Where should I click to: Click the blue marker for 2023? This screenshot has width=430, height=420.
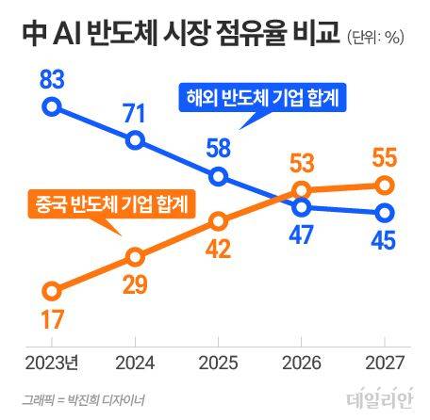click(x=53, y=105)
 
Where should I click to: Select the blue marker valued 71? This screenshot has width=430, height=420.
click(x=135, y=141)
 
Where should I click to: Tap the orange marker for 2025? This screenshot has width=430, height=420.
click(x=218, y=221)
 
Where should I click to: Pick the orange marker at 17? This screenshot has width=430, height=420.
click(x=53, y=291)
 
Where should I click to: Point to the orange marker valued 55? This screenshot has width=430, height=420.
click(x=384, y=185)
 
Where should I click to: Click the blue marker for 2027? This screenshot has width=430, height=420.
click(x=384, y=212)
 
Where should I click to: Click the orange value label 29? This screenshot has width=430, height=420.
click(x=135, y=285)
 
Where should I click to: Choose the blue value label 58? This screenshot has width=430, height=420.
click(x=218, y=149)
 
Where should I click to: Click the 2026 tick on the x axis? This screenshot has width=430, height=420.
click(x=302, y=363)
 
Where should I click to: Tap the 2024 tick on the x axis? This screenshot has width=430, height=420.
click(x=135, y=363)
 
